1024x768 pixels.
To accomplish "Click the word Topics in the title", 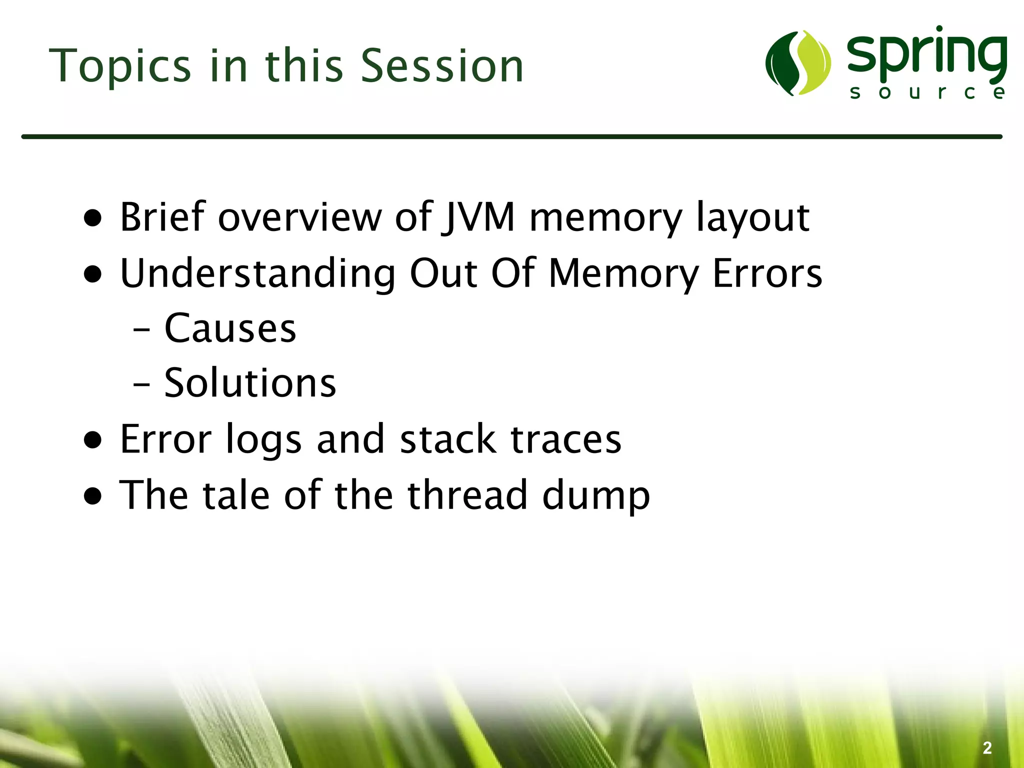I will [x=120, y=66].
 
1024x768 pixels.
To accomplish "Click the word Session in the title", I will [x=442, y=66].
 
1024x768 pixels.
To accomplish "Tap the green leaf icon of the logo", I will [x=798, y=63].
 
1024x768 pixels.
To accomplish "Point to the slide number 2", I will [x=987, y=748].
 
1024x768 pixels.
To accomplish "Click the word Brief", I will [x=163, y=217].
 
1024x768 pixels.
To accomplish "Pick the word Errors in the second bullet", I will [x=767, y=273].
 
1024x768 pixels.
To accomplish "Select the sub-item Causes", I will [x=230, y=328].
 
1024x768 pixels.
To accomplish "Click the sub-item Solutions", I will [x=250, y=383].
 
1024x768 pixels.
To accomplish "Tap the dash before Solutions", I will [x=142, y=385].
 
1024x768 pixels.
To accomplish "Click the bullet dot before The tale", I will [x=93, y=496].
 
